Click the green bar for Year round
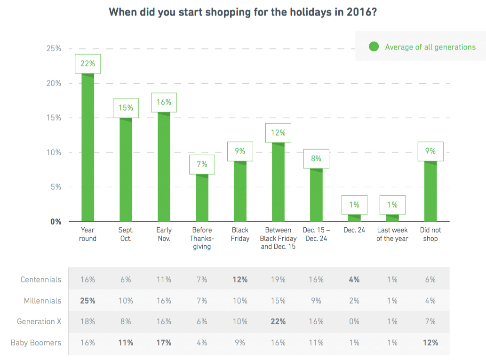[x=88, y=147]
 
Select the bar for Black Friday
[x=240, y=191]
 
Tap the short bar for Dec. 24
[x=354, y=218]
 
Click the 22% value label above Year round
[x=88, y=64]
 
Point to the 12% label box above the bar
[x=278, y=133]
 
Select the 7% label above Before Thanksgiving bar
[x=202, y=165]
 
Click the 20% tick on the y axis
[x=53, y=83]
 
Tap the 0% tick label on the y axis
[x=56, y=222]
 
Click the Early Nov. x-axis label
[x=164, y=234]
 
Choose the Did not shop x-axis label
[x=430, y=234]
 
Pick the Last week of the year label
[x=392, y=234]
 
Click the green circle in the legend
[x=374, y=47]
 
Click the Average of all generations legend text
[x=430, y=47]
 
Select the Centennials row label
[x=40, y=280]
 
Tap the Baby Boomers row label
[x=36, y=343]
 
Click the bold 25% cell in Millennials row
[x=88, y=301]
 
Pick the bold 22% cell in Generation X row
[x=278, y=321]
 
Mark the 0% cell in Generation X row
[x=354, y=321]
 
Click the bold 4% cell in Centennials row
[x=354, y=280]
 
